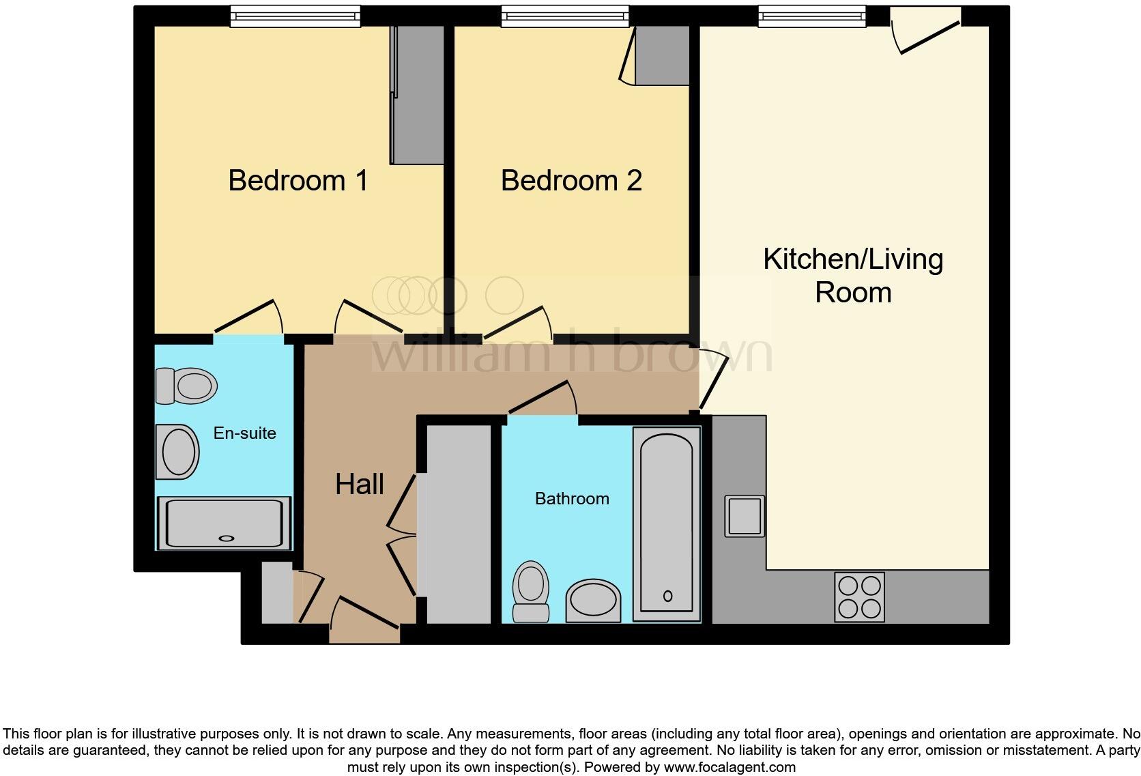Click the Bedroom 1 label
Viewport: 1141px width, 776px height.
pyautogui.click(x=298, y=181)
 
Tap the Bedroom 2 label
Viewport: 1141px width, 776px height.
pyautogui.click(x=571, y=181)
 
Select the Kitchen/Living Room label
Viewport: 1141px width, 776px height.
pyautogui.click(x=853, y=276)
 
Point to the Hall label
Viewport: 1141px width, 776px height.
pyautogui.click(x=359, y=485)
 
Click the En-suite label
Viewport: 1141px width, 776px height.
pyautogui.click(x=244, y=433)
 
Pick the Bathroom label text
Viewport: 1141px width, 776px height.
pyautogui.click(x=572, y=499)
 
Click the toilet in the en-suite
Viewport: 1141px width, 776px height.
pyautogui.click(x=186, y=386)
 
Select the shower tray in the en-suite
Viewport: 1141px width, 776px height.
pyautogui.click(x=225, y=523)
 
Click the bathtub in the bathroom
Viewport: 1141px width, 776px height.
pyautogui.click(x=667, y=524)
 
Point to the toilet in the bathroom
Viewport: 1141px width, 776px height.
pyautogui.click(x=531, y=591)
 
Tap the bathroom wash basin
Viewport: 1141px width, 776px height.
pyautogui.click(x=594, y=601)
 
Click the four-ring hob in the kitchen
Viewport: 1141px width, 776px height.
pyautogui.click(x=859, y=597)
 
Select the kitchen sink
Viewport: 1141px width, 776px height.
pyautogui.click(x=745, y=516)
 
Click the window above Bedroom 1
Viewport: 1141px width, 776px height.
pyautogui.click(x=295, y=16)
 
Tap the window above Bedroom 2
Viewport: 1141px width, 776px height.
pyautogui.click(x=565, y=16)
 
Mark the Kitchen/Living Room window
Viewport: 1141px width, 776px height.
pyautogui.click(x=812, y=16)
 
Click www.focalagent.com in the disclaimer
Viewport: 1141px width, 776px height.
pyautogui.click(x=729, y=767)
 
